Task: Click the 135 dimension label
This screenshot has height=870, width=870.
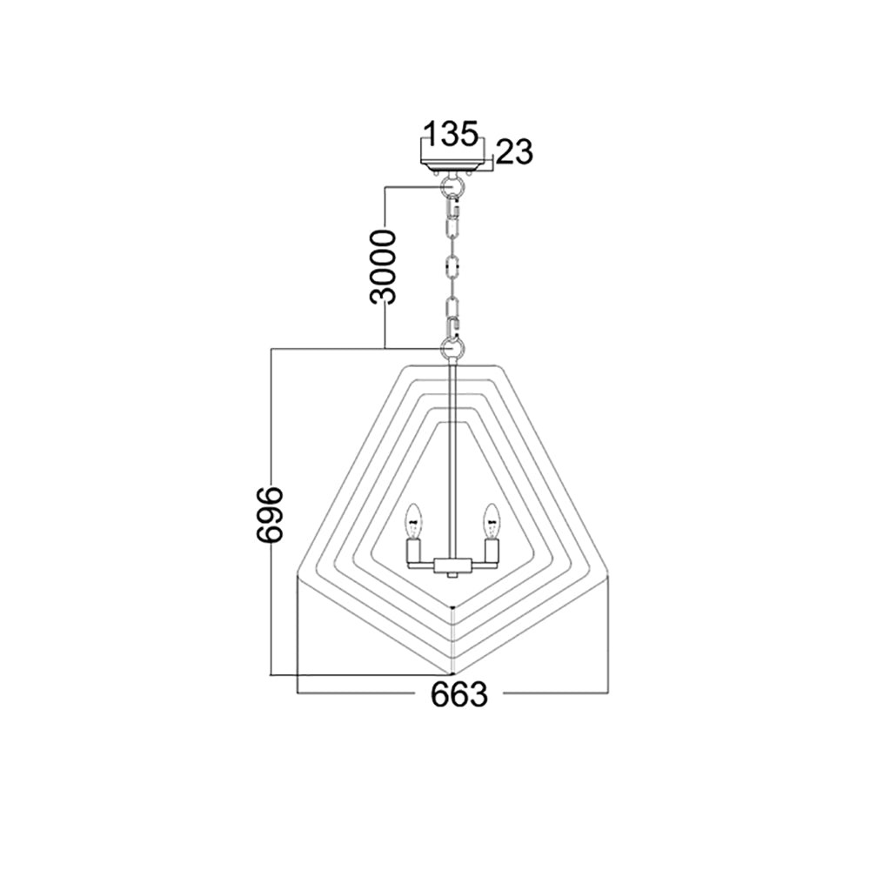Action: [451, 133]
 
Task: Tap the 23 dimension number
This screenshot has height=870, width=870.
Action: [514, 152]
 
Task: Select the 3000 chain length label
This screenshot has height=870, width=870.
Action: [384, 267]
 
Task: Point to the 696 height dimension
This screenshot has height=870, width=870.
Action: [270, 513]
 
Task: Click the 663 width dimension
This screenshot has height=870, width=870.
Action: [459, 693]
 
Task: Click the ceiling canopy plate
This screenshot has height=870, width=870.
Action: [452, 164]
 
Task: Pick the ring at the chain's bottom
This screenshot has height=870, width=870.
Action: [452, 349]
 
